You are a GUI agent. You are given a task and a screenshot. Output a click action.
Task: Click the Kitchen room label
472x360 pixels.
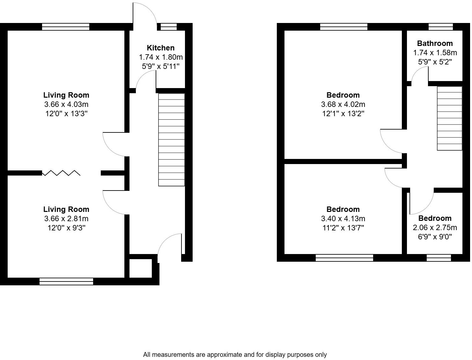coord(160,48)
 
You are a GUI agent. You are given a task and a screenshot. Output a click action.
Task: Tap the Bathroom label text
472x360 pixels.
coord(435,43)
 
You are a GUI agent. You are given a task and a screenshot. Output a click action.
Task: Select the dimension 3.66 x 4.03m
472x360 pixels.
coord(66,104)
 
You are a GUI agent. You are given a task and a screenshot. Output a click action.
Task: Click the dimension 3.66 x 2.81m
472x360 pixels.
coord(66,219)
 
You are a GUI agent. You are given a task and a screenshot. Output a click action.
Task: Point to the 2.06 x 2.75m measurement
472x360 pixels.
coord(435,228)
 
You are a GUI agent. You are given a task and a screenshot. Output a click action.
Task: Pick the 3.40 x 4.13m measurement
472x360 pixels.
coord(343,219)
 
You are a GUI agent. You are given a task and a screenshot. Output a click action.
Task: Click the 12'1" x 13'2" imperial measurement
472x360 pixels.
coord(343,114)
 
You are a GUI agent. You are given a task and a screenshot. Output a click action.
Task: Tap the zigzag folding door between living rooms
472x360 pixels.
coord(61,173)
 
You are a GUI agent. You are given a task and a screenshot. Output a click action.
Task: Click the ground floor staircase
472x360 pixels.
coord(172,139)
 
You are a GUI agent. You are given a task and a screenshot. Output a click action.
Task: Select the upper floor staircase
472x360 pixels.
coord(449,118)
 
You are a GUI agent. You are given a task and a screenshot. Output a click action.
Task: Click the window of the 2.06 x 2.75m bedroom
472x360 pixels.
coord(439,258)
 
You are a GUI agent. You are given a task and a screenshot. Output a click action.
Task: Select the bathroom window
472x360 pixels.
coord(440,27)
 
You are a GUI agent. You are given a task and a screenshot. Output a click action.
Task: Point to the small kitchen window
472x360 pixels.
coord(168,27)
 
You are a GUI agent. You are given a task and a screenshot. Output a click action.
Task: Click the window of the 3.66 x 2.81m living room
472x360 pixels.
coord(66,281)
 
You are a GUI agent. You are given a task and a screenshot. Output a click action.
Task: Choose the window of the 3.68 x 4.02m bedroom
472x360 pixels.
coord(344,27)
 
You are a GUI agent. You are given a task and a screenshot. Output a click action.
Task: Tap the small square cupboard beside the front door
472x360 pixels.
coord(140,268)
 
